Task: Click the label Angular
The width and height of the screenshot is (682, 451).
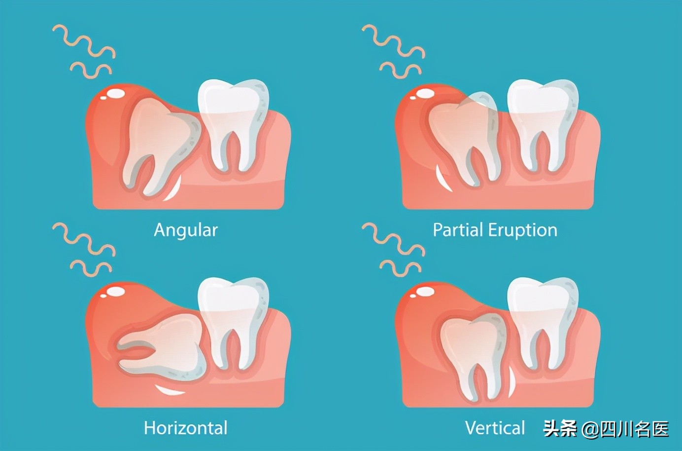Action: pyautogui.click(x=186, y=231)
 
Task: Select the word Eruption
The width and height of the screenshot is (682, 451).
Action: pyautogui.click(x=523, y=231)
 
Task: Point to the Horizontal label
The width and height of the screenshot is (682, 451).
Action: pyautogui.click(x=186, y=427)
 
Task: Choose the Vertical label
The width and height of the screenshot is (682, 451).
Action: pyautogui.click(x=495, y=427)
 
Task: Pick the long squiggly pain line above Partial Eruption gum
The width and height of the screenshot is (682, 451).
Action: pyautogui.click(x=393, y=41)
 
